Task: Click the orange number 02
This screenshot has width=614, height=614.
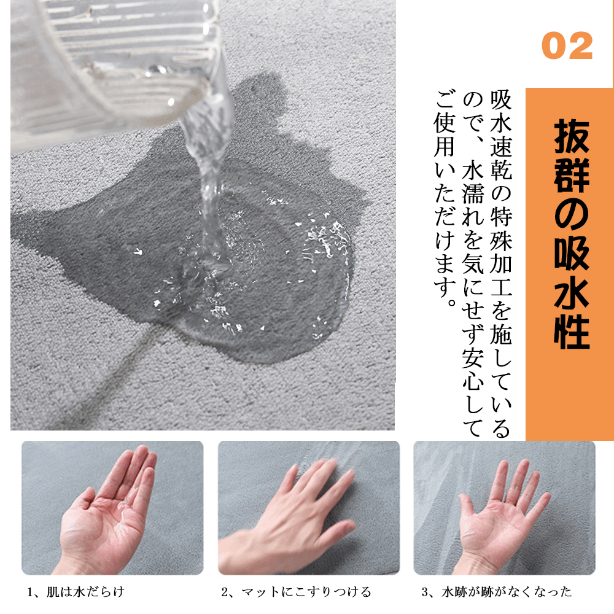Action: [x=567, y=46]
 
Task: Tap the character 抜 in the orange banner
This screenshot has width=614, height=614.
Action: [x=572, y=136]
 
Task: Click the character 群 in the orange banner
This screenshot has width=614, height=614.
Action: [x=572, y=175]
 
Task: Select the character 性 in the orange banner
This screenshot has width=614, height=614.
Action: [x=572, y=332]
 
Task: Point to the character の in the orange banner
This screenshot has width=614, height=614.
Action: [x=572, y=214]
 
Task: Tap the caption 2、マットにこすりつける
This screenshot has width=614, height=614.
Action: [x=296, y=592]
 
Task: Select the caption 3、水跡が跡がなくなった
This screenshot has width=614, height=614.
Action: [x=497, y=592]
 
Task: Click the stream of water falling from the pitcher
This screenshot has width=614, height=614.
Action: [x=209, y=176]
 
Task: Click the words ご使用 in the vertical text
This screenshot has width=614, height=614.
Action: [x=445, y=125]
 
